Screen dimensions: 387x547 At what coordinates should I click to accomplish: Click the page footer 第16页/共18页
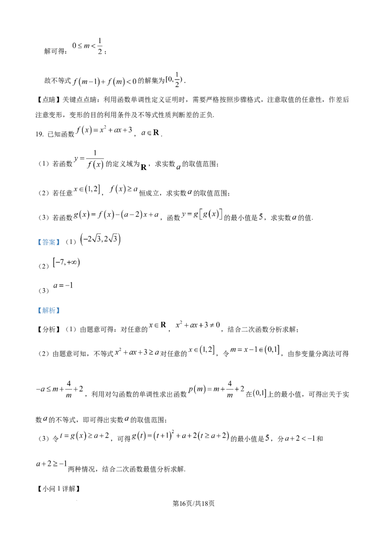(x=193, y=503)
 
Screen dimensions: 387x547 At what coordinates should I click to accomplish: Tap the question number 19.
(x=39, y=134)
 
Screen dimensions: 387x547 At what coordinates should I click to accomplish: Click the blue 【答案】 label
(x=49, y=242)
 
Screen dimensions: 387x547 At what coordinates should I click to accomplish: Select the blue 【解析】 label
(x=49, y=310)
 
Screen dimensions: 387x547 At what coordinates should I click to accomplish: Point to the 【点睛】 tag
(x=49, y=100)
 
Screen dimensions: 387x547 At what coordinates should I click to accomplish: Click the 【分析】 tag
(x=49, y=330)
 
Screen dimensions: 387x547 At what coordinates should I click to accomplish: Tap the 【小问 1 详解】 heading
(x=59, y=489)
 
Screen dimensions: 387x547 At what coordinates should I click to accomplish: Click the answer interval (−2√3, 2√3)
(x=100, y=239)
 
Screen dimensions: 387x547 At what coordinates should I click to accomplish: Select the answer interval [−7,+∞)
(x=66, y=262)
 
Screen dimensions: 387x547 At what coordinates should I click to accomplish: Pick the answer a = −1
(x=63, y=286)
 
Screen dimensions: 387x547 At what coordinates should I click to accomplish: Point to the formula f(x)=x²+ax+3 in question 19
(x=104, y=130)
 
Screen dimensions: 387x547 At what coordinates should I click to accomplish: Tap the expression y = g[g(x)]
(x=202, y=214)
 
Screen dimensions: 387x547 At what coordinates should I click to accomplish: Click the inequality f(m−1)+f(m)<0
(x=104, y=82)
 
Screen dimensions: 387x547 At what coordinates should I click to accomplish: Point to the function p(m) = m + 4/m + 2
(x=216, y=389)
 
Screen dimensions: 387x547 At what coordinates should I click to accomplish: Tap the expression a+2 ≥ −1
(x=51, y=463)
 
